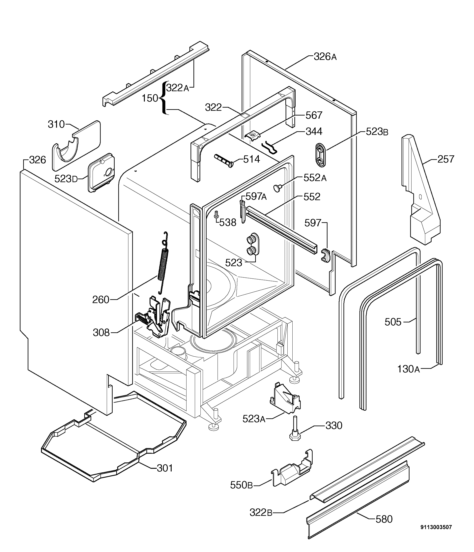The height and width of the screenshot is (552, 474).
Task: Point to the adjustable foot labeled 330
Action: click(295, 430)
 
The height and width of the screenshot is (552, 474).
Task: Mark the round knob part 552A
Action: click(277, 188)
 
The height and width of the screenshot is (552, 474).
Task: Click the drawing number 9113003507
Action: click(436, 527)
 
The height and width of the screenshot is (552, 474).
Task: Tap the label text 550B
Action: click(241, 485)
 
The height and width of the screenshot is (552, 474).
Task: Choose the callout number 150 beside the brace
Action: click(150, 98)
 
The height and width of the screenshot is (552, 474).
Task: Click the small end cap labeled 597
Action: click(325, 255)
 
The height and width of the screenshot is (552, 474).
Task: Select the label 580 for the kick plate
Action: click(384, 519)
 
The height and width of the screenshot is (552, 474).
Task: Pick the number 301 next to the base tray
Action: click(165, 468)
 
